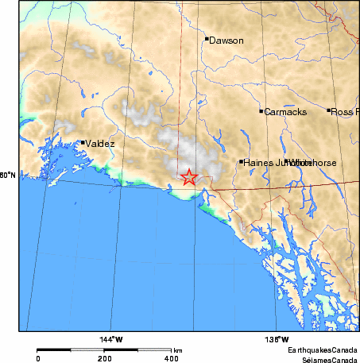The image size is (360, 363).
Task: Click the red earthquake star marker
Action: (188, 177)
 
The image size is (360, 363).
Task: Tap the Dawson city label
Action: (226, 40)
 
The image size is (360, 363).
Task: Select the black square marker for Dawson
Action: (207, 38)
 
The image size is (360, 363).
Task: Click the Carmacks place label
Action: (285, 112)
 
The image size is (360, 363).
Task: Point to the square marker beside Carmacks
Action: (261, 111)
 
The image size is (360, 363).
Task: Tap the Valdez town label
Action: (100, 144)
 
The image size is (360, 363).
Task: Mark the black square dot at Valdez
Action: (83, 143)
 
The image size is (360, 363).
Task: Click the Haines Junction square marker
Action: (241, 162)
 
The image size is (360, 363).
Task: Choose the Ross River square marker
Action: (329, 110)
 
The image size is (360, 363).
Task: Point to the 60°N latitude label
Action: (7, 175)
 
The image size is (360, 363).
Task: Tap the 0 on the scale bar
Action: (38, 358)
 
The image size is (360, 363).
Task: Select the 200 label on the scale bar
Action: (104, 358)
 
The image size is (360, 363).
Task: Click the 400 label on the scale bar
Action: (170, 358)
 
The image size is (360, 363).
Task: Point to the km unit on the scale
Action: (178, 349)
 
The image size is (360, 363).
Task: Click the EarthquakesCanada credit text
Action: (323, 349)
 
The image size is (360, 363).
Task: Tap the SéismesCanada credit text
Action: (326, 358)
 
